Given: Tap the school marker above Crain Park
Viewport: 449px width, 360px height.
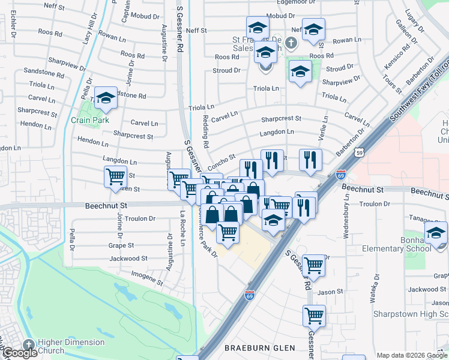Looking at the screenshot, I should (106, 98).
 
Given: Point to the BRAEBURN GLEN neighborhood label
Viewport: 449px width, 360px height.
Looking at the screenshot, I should (259, 348).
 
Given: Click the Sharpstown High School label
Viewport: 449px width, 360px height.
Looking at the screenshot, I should (411, 314).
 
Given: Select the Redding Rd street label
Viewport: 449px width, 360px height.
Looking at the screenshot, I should (205, 131).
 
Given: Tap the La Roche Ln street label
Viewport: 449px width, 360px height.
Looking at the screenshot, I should (183, 231).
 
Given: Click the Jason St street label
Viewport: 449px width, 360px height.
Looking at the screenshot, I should (330, 292).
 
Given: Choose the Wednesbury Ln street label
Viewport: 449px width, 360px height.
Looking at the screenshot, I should (346, 220).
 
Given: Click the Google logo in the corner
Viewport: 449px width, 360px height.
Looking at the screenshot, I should (20, 353).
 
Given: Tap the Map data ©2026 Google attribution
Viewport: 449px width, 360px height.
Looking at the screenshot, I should (412, 355).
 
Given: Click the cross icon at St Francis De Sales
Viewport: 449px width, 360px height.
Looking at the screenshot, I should (291, 43).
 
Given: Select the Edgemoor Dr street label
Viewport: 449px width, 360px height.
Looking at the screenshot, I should (289, 3).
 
